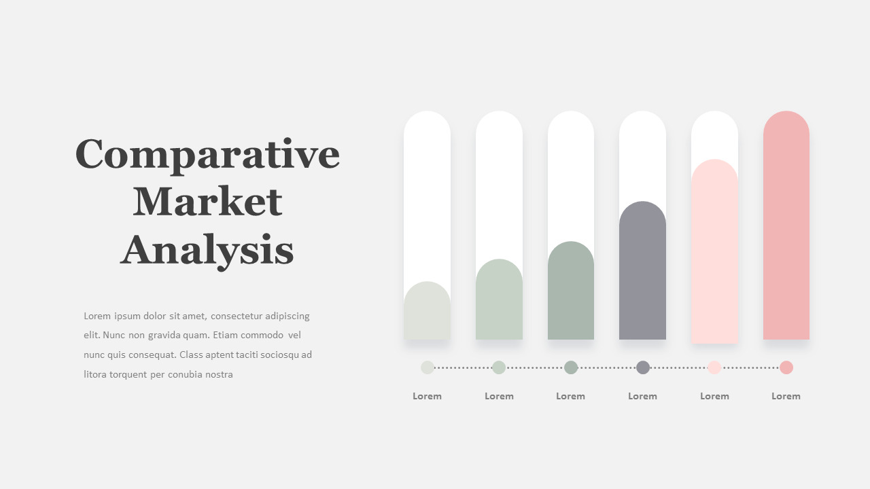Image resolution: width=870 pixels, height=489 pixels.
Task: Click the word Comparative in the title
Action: pos(207,154)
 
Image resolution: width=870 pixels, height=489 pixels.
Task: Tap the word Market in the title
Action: pos(207,202)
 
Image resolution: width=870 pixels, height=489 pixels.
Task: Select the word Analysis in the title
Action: pos(207,249)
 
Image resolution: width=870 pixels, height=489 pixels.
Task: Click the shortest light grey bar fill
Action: pos(427,312)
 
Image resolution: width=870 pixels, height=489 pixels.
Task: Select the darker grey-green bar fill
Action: pos(571,292)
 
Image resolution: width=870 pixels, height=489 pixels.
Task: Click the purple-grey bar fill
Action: pos(642,272)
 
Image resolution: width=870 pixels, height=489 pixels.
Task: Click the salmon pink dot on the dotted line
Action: pos(786,367)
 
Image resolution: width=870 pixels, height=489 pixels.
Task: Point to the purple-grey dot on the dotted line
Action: pos(643,367)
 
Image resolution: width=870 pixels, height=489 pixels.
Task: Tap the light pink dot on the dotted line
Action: pos(714,367)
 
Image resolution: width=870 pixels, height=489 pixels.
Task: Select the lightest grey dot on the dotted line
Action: pos(428,367)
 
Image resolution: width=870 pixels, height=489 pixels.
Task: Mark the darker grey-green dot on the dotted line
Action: pos(571,367)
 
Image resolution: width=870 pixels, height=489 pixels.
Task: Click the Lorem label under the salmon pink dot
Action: pos(786,396)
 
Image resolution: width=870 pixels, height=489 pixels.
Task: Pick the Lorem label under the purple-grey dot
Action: pos(642,396)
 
